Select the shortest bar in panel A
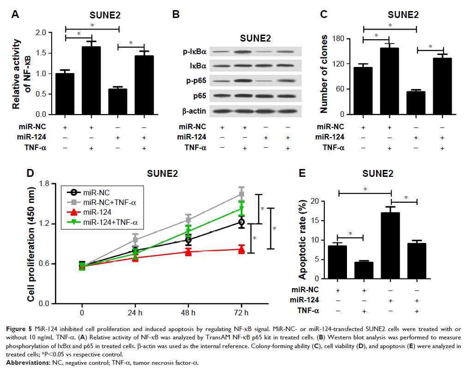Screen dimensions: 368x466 (x=119, y=101)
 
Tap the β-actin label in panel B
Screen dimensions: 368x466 (x=194, y=111)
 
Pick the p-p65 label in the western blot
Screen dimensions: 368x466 (x=196, y=81)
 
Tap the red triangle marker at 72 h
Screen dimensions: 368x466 (x=241, y=249)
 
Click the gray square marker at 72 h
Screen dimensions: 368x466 (x=241, y=194)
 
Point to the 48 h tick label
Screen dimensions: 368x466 (x=188, y=312)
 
